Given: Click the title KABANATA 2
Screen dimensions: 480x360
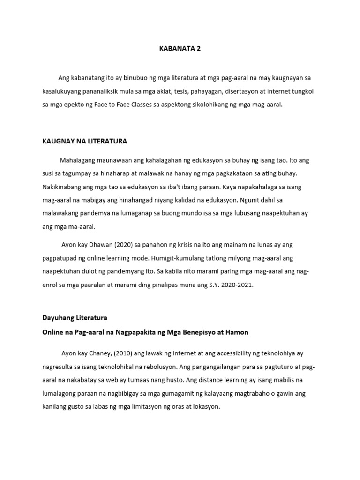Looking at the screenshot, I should click(x=180, y=48).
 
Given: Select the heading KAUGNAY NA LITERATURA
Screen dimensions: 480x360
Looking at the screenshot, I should click(x=84, y=141).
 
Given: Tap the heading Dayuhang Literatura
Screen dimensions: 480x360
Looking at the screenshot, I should click(x=75, y=317).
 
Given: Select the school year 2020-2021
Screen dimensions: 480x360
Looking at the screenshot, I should click(x=237, y=285).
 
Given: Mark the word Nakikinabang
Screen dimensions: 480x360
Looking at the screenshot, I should click(x=64, y=187).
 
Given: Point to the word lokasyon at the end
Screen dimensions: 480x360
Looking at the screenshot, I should click(x=205, y=407).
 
